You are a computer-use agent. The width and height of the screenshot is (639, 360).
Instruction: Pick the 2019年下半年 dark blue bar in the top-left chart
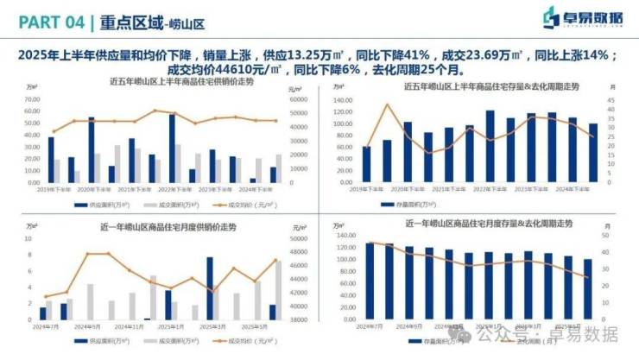pos(51,160)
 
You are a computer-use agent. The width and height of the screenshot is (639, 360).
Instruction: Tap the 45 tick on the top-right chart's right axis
pos(611,99)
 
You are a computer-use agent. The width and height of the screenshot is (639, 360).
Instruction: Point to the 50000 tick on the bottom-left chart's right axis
pos(298,239)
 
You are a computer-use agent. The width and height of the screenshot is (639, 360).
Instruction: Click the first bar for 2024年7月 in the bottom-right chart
pos(370,281)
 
